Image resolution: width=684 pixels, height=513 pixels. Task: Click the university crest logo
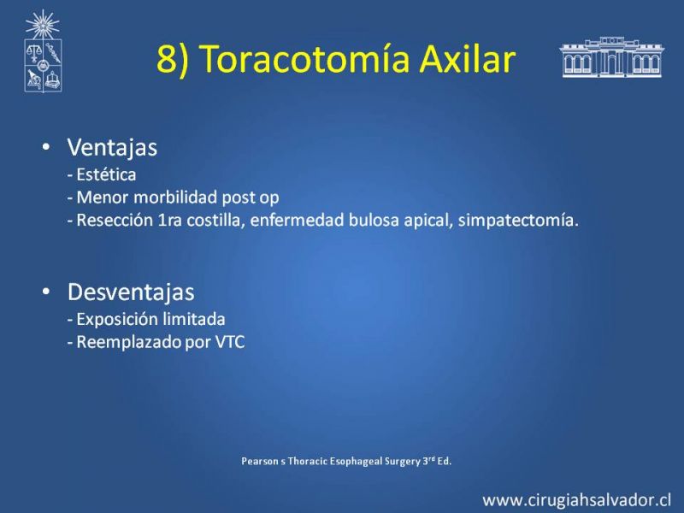point(43,51)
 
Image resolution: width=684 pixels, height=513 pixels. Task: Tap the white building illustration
point(611,57)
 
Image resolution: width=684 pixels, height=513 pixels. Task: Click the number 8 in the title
point(166,58)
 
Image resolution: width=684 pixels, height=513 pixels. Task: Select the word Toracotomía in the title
point(306,58)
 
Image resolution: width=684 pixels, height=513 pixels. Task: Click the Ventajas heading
point(112,147)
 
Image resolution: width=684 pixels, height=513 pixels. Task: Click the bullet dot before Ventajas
point(46,146)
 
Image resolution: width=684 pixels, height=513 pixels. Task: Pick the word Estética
point(106,174)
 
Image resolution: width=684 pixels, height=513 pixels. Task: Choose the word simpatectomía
point(518,221)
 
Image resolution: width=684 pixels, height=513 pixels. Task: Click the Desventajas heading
point(131,292)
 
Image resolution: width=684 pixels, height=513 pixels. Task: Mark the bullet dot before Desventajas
point(46,292)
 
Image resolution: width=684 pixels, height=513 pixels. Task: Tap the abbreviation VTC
point(230,343)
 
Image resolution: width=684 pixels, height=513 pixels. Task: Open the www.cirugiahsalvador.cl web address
point(576,500)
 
